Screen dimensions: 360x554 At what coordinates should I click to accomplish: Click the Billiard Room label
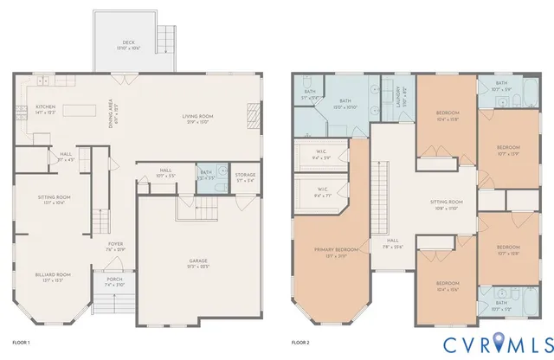[x=52, y=277]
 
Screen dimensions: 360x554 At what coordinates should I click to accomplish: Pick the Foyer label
[x=115, y=247]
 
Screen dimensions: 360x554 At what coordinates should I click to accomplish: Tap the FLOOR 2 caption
[x=300, y=344]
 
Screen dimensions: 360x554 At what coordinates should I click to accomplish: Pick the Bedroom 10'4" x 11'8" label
[x=448, y=114]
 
